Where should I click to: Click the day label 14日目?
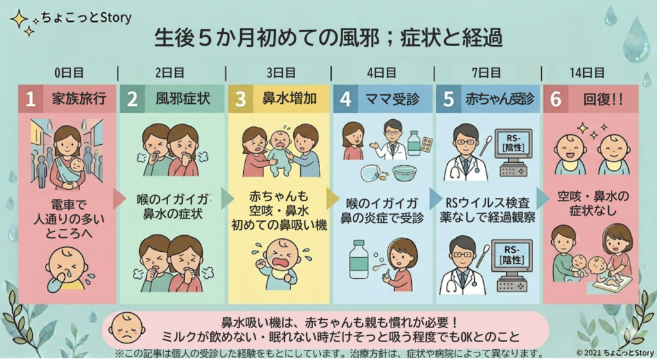point(586,73)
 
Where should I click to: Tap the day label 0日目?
point(69,73)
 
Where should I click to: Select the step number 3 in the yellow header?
point(240,99)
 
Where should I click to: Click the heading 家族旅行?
point(79,99)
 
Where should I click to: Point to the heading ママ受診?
point(392,99)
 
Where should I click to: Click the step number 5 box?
point(448,99)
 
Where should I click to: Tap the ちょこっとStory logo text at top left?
point(87,17)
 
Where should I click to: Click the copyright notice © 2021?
point(615,352)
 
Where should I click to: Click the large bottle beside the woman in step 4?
point(359,260)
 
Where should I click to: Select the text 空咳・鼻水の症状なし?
point(592,203)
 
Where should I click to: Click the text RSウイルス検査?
point(488,203)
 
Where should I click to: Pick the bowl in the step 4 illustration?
point(405,173)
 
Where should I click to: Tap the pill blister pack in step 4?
point(427,145)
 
